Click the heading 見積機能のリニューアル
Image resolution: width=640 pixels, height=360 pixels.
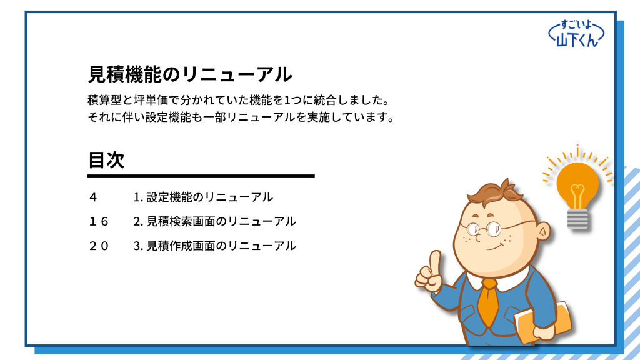[x=190, y=74]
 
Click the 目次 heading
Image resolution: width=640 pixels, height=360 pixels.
[x=106, y=159]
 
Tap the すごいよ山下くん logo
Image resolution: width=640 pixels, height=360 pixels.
[x=576, y=34]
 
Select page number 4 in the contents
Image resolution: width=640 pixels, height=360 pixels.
[x=93, y=197]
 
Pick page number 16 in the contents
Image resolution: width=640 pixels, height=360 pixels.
[x=99, y=222]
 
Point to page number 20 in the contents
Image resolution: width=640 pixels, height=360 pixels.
[x=99, y=246]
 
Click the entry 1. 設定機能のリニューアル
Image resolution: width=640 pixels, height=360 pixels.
[x=203, y=197]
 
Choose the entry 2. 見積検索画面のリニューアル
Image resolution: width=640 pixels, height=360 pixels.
[x=215, y=222]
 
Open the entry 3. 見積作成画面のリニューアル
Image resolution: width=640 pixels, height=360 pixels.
[x=215, y=246]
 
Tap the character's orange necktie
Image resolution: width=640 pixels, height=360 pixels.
[x=489, y=301]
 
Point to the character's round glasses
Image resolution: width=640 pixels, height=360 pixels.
[x=484, y=229]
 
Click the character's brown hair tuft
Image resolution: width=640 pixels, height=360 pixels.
[x=496, y=192]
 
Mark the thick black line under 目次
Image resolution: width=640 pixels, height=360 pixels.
[x=201, y=176]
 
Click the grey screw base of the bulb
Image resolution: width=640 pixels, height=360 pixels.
[x=577, y=219]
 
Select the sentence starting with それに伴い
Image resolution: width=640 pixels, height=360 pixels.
[x=242, y=117]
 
